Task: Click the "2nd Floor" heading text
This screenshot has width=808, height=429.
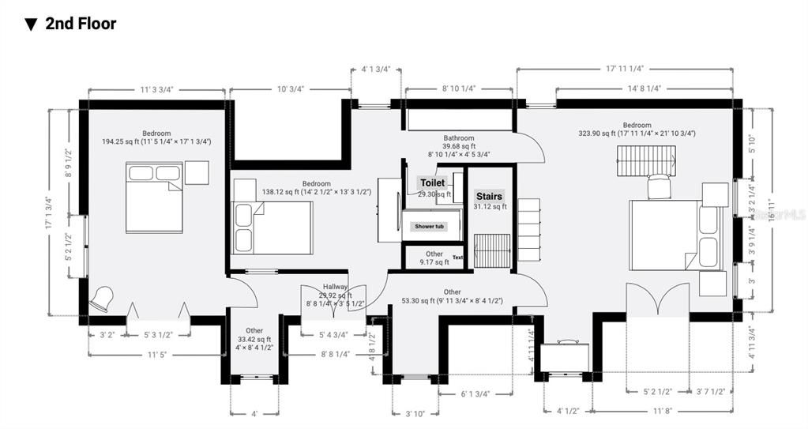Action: coord(81,24)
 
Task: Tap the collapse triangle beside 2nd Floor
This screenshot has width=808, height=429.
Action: coord(31,24)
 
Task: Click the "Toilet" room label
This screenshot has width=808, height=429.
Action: coord(432,183)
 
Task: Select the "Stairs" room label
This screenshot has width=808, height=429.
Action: coord(489,196)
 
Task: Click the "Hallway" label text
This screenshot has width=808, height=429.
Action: coord(335,287)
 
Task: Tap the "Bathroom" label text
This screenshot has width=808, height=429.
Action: coord(458,137)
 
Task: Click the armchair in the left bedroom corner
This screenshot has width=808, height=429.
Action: coord(102,299)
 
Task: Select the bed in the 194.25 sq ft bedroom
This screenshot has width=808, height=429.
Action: coord(154,197)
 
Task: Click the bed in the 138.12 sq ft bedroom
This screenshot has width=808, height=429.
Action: coord(272,228)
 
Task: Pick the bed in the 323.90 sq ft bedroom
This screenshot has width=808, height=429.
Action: coord(675,235)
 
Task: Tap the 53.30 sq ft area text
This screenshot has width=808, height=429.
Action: coord(452,300)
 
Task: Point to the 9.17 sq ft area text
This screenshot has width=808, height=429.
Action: coord(434,262)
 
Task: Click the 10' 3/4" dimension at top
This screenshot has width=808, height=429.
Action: coord(289,89)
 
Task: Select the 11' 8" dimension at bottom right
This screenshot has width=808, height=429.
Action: coord(663,411)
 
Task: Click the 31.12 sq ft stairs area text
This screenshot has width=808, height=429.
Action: coord(489,207)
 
